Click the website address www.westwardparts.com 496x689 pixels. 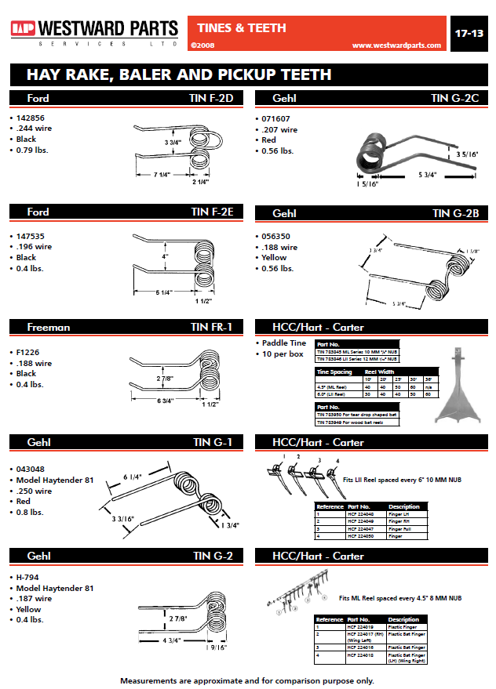(396, 45)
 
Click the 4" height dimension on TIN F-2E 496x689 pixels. (166, 256)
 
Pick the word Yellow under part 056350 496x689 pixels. (275, 257)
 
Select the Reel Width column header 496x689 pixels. (381, 372)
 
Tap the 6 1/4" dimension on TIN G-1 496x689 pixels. (133, 477)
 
